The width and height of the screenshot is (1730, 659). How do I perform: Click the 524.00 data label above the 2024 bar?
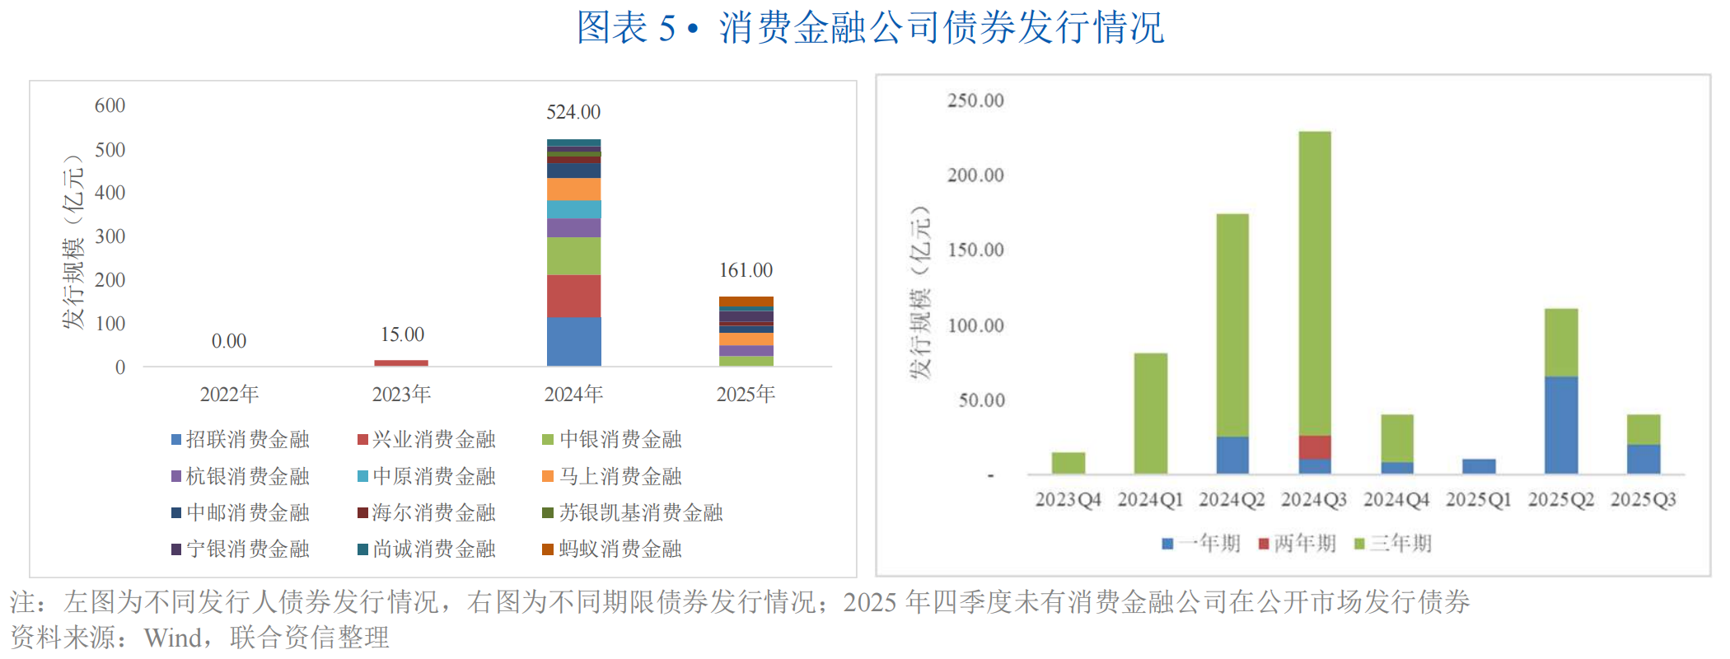pos(573,112)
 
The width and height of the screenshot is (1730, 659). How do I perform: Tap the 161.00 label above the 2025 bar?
pos(746,270)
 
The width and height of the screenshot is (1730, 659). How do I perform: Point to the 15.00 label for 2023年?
pos(402,334)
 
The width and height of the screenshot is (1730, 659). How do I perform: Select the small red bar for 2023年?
pos(401,362)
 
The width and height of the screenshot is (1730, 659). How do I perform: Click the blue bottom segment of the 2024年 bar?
pos(573,341)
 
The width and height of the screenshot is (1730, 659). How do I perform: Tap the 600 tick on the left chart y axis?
pos(110,105)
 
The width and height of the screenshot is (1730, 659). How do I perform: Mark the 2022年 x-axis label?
pos(229,395)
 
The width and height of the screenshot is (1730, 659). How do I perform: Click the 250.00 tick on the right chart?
pos(975,100)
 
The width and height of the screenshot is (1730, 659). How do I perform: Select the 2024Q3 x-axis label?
pos(1314,499)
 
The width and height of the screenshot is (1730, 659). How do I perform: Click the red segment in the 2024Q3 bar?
pos(1315,446)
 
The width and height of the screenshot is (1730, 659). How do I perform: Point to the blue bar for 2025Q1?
pos(1479,465)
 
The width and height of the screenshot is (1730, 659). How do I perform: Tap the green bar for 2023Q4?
pos(1068,462)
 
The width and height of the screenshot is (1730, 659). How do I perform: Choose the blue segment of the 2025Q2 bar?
pos(1561,424)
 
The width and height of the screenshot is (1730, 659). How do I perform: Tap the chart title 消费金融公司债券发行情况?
pos(941,28)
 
